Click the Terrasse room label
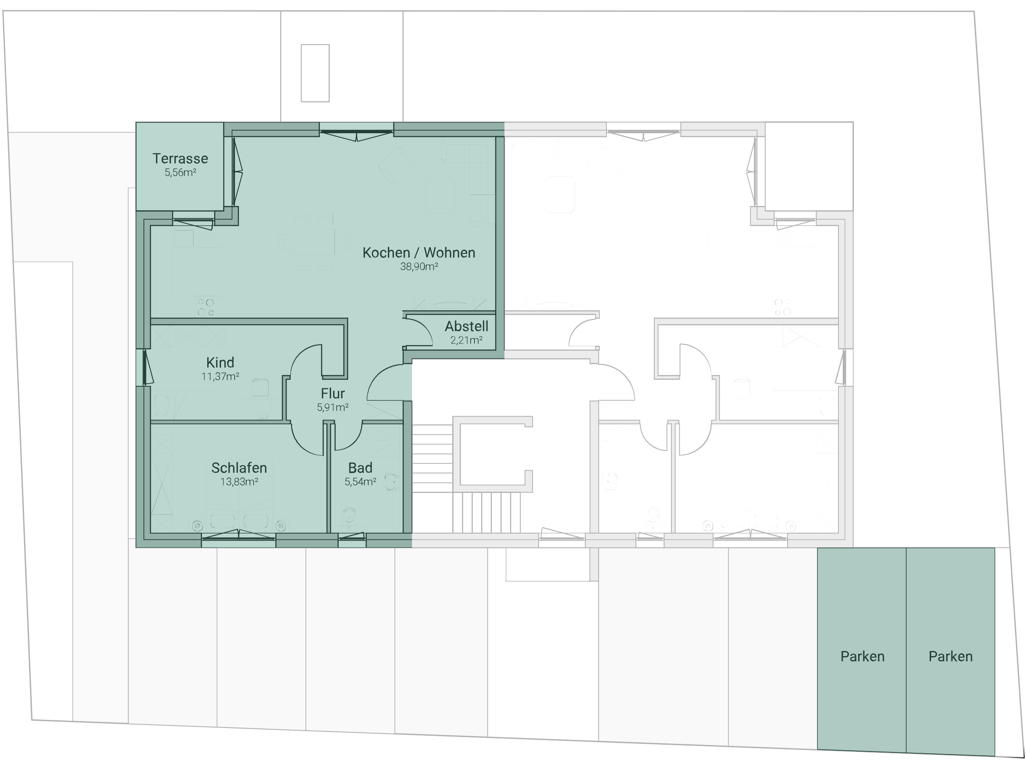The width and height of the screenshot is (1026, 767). (x=180, y=159)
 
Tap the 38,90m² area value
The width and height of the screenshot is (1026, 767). (x=419, y=266)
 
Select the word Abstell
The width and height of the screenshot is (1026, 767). (x=467, y=326)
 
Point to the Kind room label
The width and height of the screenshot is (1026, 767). (x=221, y=362)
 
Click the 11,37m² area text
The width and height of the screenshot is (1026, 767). (x=221, y=376)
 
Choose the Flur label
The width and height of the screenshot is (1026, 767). (x=333, y=394)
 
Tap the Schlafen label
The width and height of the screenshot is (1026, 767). (x=239, y=468)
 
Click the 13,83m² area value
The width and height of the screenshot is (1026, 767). (x=239, y=482)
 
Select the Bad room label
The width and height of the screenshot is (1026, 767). (x=361, y=468)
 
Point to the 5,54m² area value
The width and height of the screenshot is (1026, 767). (x=361, y=482)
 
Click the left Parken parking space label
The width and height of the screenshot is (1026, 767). (x=862, y=657)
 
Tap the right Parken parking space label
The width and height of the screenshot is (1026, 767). (x=950, y=657)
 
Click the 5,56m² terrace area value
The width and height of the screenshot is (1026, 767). (x=180, y=173)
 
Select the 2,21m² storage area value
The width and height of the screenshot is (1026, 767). (x=467, y=340)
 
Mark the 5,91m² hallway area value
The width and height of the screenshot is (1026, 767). (x=333, y=407)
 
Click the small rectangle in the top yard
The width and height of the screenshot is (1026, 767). (x=316, y=73)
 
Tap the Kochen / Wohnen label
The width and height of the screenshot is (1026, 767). (x=419, y=252)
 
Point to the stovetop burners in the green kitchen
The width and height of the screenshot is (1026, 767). (x=206, y=307)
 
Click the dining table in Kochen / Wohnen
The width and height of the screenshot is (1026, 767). (x=314, y=241)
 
